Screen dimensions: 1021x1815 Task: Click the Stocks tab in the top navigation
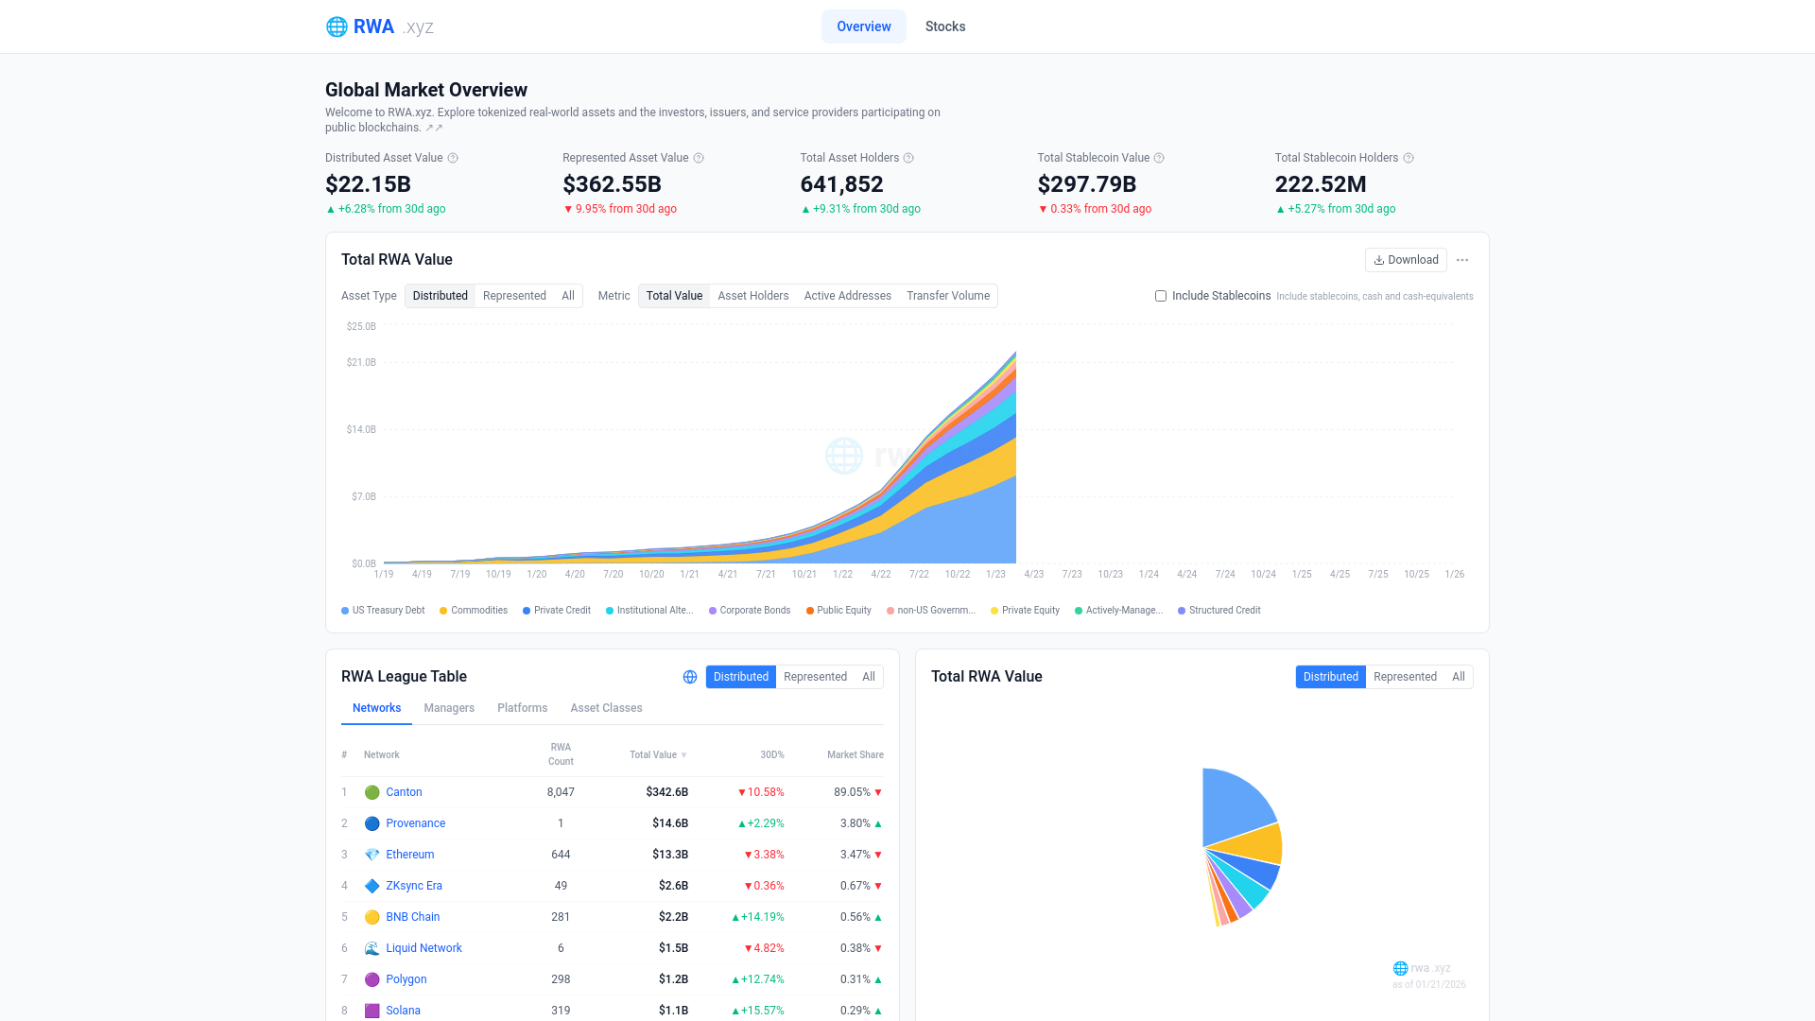[x=944, y=26]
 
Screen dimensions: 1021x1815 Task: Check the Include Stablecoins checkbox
[x=1161, y=296]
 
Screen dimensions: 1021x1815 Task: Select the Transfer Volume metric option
[x=947, y=296]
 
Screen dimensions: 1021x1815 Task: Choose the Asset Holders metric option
[x=752, y=296]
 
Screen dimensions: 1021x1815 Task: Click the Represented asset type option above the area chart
[x=514, y=296]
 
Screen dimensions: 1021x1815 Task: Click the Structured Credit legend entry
[x=1224, y=611]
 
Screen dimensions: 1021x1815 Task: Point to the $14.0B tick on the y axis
[x=361, y=429]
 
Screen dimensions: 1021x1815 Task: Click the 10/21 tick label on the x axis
[x=804, y=575]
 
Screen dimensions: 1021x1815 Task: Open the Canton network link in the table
[x=404, y=792]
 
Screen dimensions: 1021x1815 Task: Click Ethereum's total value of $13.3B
[x=669, y=855]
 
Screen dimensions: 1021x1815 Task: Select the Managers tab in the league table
[x=449, y=708]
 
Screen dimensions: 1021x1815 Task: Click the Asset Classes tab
[x=606, y=708]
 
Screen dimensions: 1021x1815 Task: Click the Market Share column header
[x=855, y=755]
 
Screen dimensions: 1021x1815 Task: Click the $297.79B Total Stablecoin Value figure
[x=1086, y=184]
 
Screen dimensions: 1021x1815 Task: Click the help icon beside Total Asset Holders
[x=908, y=158]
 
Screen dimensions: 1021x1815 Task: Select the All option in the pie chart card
[x=1458, y=677]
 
